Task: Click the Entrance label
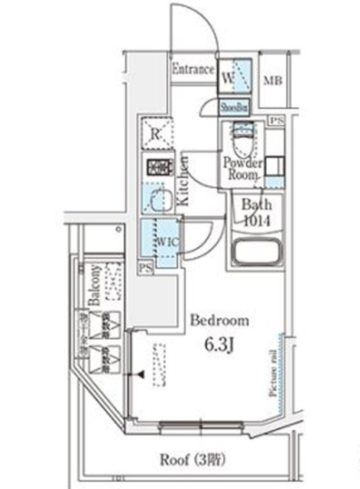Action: tap(193, 70)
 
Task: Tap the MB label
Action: tap(271, 82)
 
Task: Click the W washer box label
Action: tap(228, 77)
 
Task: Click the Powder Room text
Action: tap(243, 169)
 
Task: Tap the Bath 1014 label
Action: tap(252, 211)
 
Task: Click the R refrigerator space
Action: tap(155, 134)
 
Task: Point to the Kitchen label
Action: tap(183, 180)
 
